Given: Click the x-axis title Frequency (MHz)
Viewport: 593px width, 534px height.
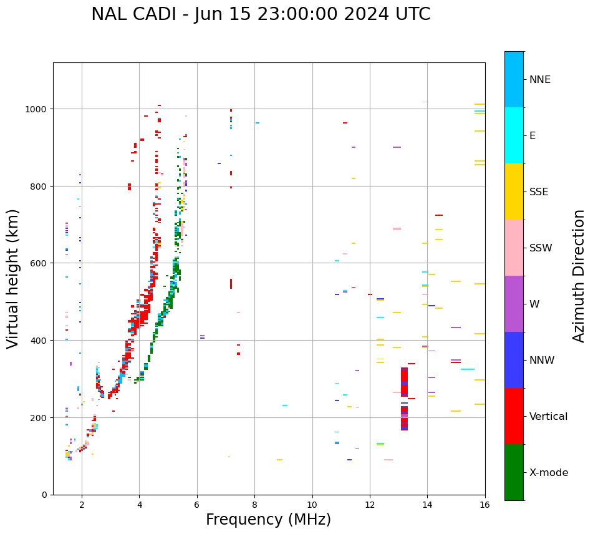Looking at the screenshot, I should click(x=268, y=520).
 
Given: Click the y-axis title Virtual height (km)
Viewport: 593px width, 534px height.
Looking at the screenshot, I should click(x=14, y=278).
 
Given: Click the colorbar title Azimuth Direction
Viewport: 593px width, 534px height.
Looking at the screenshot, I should click(x=579, y=276).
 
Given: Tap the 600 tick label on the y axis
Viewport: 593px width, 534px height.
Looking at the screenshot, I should click(x=41, y=263).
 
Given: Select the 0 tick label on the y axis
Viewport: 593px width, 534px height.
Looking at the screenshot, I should click(x=45, y=495).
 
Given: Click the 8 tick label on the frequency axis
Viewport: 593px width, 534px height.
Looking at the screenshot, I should click(x=254, y=504).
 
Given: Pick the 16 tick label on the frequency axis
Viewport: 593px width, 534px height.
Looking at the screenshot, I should click(x=485, y=504).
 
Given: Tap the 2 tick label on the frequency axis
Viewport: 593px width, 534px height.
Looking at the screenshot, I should click(x=82, y=504).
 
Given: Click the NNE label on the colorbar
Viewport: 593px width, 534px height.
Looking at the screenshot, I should click(x=540, y=79).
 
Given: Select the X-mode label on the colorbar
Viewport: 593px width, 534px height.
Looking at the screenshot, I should click(x=549, y=473).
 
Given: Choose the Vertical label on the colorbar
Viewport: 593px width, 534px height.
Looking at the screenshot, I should click(x=549, y=417).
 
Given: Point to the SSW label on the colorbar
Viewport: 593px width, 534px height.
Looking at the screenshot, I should click(x=541, y=248).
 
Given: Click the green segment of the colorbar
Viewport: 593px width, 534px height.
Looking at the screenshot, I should click(x=514, y=472).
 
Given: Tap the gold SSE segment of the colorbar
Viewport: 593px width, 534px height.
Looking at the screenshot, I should click(x=514, y=192).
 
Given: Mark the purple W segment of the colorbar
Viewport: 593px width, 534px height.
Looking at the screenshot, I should click(x=514, y=304).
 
